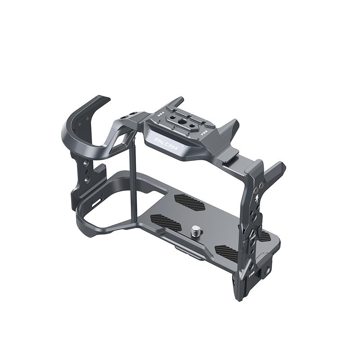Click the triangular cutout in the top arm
click(x=123, y=145)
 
